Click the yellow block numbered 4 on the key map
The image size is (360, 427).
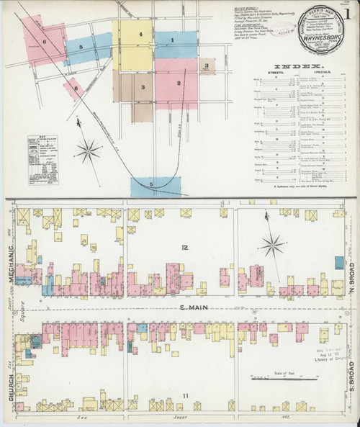[141, 35]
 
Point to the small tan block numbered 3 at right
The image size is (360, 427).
[207, 67]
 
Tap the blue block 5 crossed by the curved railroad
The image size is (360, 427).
[151, 185]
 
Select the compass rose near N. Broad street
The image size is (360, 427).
[273, 246]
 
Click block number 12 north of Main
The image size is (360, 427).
[184, 248]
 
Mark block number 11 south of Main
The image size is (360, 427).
[184, 395]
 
